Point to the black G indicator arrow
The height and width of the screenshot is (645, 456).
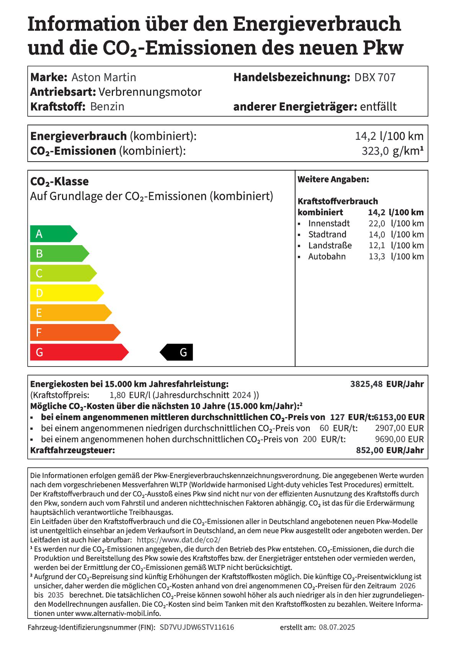point(177,352)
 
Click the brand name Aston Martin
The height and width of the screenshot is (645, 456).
point(104,77)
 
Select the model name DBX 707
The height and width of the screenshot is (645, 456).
point(374,77)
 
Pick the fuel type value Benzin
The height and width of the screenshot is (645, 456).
point(107,106)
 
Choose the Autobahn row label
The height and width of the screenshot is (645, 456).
point(327,257)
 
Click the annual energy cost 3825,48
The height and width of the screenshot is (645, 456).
point(366,384)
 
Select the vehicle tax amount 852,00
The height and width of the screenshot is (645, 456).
point(369,450)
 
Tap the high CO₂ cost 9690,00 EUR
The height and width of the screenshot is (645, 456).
point(399,439)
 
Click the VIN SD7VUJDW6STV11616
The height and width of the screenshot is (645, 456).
point(196,627)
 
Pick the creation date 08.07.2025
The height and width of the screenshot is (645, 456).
point(337,627)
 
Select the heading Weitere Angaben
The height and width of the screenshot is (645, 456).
point(333,179)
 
